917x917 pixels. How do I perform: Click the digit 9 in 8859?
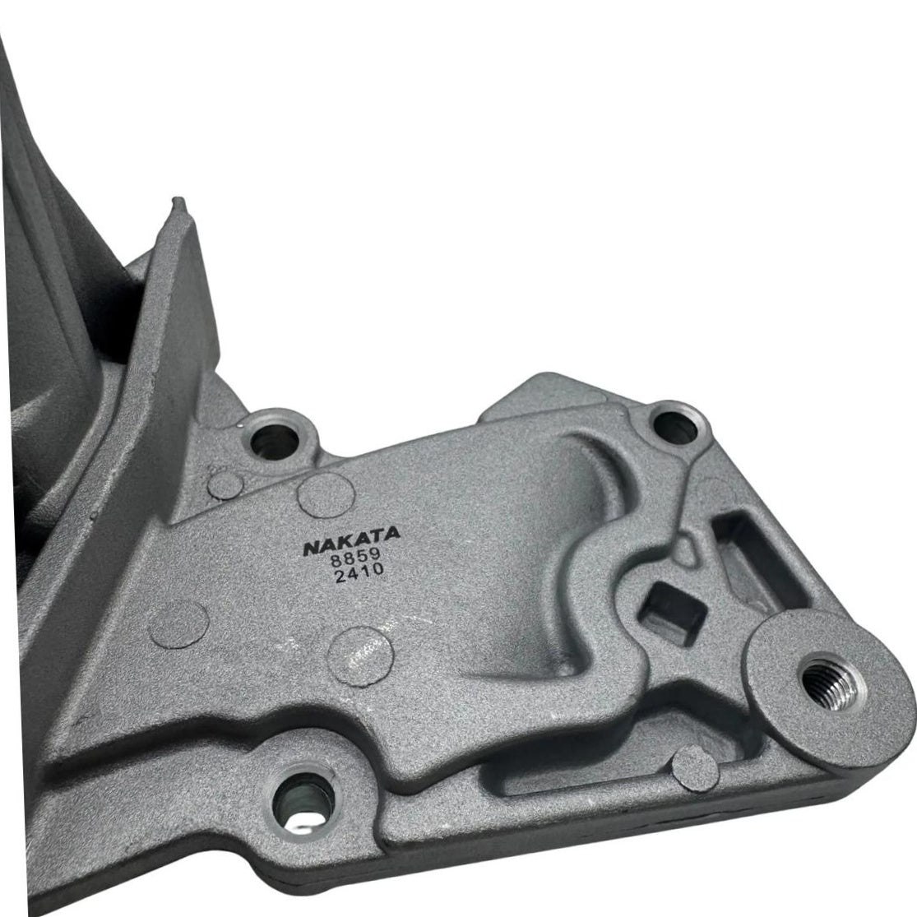pos(375,553)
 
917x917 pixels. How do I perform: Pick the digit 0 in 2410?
pos(378,567)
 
